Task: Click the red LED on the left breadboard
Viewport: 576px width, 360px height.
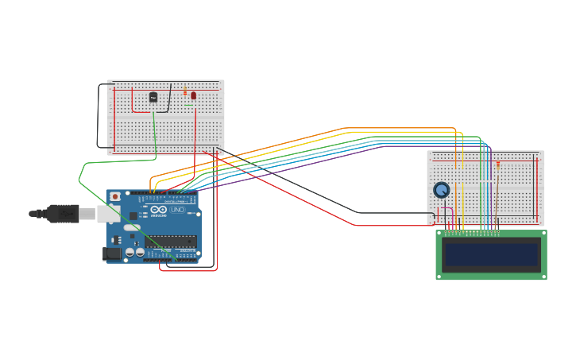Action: pyautogui.click(x=193, y=95)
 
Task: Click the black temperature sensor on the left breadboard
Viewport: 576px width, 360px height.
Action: pyautogui.click(x=153, y=97)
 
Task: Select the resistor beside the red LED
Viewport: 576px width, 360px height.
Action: pyautogui.click(x=185, y=92)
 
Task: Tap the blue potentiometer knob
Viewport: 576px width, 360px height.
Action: pyautogui.click(x=441, y=190)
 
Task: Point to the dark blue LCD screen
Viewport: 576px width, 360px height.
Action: pyautogui.click(x=491, y=254)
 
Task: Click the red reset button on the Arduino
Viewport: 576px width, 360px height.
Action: pyautogui.click(x=115, y=196)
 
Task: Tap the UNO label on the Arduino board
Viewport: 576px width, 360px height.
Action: pyautogui.click(x=177, y=210)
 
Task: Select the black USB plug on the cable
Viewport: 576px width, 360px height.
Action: pyautogui.click(x=62, y=214)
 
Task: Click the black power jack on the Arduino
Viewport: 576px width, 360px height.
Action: pyautogui.click(x=112, y=254)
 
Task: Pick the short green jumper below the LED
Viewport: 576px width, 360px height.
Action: pyautogui.click(x=188, y=105)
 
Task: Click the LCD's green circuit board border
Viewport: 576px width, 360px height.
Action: pyautogui.click(x=491, y=276)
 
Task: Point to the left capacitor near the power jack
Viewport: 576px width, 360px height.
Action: pyautogui.click(x=129, y=252)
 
